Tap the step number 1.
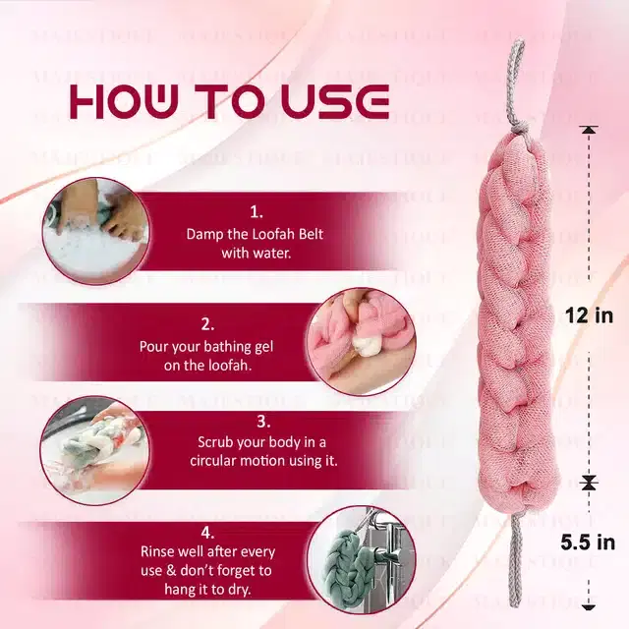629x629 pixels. click(x=257, y=211)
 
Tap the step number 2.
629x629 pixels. click(x=206, y=322)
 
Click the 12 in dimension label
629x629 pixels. click(x=590, y=315)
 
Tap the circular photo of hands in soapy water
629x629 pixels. click(x=90, y=231)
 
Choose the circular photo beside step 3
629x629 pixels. click(x=90, y=449)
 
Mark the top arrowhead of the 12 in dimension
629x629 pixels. click(x=589, y=131)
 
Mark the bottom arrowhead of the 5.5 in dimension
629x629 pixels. click(x=589, y=604)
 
